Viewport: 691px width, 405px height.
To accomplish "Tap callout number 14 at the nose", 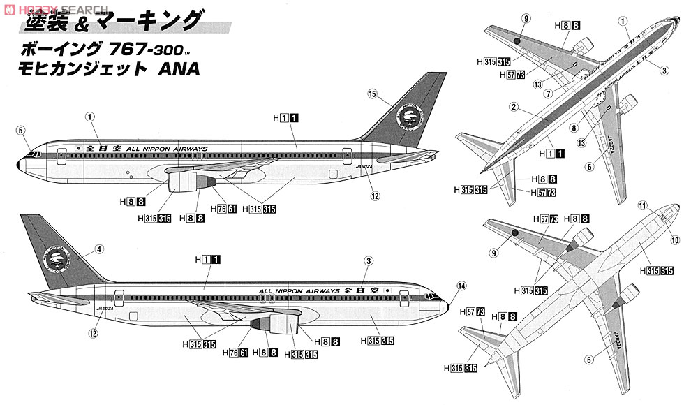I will click(x=461, y=285).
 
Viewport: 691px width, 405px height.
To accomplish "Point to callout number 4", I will click(x=100, y=249).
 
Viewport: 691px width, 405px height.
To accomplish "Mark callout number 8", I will click(x=574, y=128).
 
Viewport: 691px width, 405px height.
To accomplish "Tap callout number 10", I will click(x=675, y=240).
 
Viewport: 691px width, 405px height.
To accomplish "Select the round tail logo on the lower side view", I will click(x=57, y=260).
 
